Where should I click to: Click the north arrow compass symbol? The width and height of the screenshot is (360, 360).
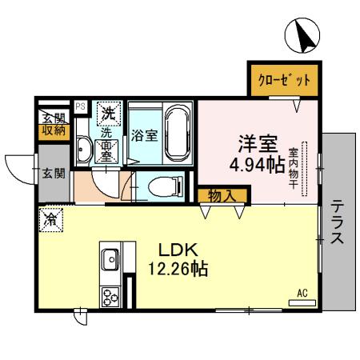pyautogui.click(x=304, y=35)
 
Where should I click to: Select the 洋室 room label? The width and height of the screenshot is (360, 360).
pyautogui.click(x=257, y=146)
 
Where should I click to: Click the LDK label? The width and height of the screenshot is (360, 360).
pyautogui.click(x=178, y=249)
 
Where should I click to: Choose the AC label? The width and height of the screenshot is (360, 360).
pyautogui.click(x=302, y=293)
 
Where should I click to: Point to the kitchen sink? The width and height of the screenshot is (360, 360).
pyautogui.click(x=110, y=259)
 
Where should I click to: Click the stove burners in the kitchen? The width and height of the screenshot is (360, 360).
pyautogui.click(x=110, y=295)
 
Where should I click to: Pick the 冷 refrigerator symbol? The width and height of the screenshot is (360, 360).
pyautogui.click(x=51, y=217)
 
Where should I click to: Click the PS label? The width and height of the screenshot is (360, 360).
pyautogui.click(x=80, y=106)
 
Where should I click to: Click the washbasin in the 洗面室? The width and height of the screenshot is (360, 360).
pyautogui.click(x=84, y=148)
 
